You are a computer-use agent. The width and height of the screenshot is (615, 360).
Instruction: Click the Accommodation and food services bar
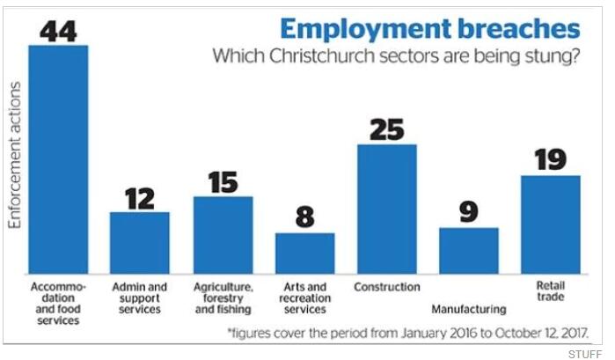click(58, 159)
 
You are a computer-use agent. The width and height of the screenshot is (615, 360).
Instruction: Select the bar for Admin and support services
click(139, 243)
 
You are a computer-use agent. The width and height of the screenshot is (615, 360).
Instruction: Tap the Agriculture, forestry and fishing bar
click(223, 235)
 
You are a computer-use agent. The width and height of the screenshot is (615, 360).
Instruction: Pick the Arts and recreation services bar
click(304, 253)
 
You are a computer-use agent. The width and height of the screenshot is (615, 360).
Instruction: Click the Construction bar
click(386, 209)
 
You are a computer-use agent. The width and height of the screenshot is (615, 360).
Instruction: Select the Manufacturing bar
click(469, 251)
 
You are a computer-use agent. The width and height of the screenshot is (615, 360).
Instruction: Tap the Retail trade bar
click(550, 224)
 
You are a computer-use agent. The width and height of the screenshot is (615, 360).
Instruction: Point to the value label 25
click(386, 129)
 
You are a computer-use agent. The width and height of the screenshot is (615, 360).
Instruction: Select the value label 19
click(550, 159)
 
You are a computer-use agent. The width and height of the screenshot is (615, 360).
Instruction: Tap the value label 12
click(139, 196)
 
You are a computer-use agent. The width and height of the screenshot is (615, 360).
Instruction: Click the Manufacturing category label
click(469, 309)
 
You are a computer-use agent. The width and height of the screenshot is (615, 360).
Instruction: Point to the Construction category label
click(386, 287)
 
